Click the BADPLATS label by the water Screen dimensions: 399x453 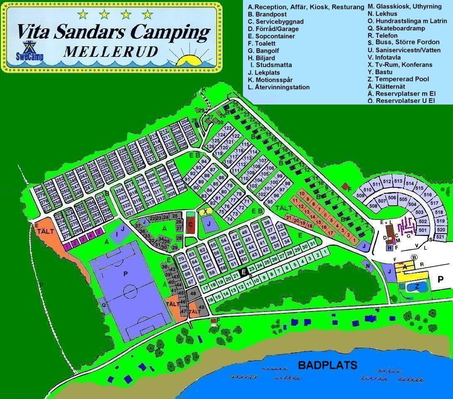coord(327,365)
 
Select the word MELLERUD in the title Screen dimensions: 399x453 coord(111,51)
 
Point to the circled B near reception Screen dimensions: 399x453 coord(414,257)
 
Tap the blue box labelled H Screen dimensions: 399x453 coord(389,248)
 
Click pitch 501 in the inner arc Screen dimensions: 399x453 coord(423,230)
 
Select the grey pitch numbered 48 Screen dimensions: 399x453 coord(193,294)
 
